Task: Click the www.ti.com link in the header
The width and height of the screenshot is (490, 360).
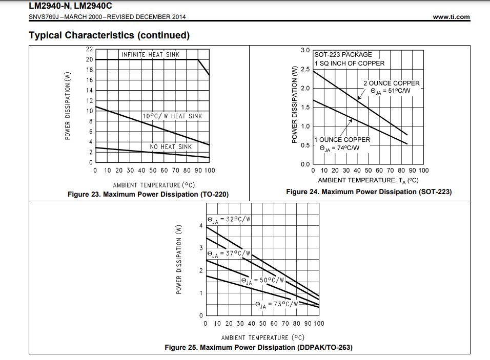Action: coord(451,17)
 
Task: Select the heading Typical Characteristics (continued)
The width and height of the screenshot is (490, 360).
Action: coord(109,35)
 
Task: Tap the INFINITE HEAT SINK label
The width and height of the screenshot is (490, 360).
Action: coord(150,54)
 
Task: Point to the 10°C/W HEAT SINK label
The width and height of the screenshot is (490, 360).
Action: coord(172,116)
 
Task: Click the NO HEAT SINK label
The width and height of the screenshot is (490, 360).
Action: coord(171,147)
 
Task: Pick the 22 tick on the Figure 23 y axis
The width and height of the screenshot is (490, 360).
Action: coord(89,50)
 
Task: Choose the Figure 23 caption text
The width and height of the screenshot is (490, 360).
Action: coord(148,195)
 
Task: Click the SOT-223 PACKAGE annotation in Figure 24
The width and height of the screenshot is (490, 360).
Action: coord(343,54)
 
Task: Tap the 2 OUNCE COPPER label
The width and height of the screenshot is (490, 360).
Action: coord(392,83)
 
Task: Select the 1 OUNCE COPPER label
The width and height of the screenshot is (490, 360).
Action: coord(342,139)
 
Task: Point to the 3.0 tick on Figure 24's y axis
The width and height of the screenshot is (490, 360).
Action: coord(305,50)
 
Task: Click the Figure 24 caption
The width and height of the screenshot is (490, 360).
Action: coord(369,192)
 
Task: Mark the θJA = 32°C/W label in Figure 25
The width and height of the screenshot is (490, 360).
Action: coord(229,220)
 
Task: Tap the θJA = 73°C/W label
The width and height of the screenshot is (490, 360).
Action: coord(277,304)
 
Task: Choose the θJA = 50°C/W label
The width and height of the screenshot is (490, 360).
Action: coord(262,281)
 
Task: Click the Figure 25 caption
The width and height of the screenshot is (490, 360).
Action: coord(258,348)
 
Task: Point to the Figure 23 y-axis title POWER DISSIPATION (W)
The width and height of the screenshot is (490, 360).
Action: coord(67,105)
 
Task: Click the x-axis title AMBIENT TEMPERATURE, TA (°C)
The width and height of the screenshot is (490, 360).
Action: coord(368,180)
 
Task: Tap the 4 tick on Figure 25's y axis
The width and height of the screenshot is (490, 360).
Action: coord(201,226)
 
